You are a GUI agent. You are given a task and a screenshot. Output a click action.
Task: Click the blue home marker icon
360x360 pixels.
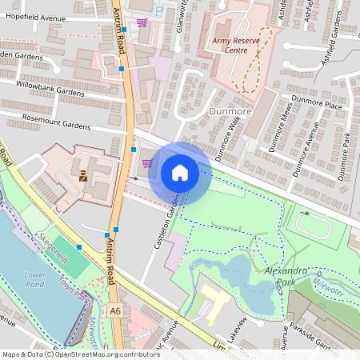(180, 173)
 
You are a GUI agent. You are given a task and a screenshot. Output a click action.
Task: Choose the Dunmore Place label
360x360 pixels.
(317, 105)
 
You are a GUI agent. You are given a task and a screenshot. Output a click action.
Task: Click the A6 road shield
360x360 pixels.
(116, 310)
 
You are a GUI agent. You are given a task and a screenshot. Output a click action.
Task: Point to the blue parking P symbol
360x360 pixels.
(158, 10)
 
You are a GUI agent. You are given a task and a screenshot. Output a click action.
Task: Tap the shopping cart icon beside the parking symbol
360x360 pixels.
(142, 22)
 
